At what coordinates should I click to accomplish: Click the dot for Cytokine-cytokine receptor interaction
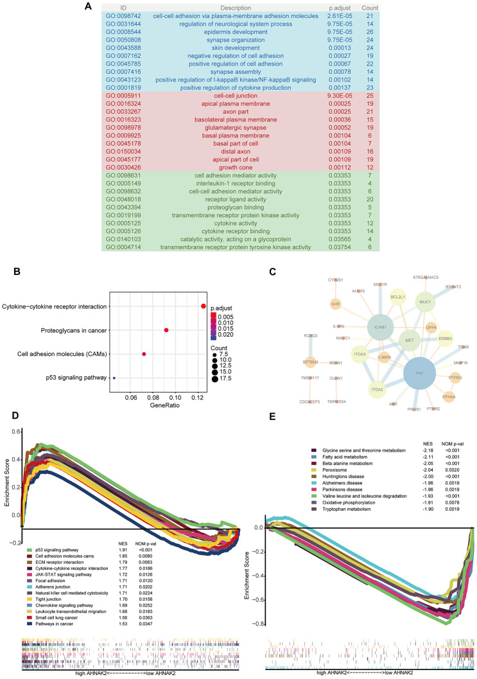pos(203,306)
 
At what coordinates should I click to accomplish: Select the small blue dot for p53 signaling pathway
pos(114,378)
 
